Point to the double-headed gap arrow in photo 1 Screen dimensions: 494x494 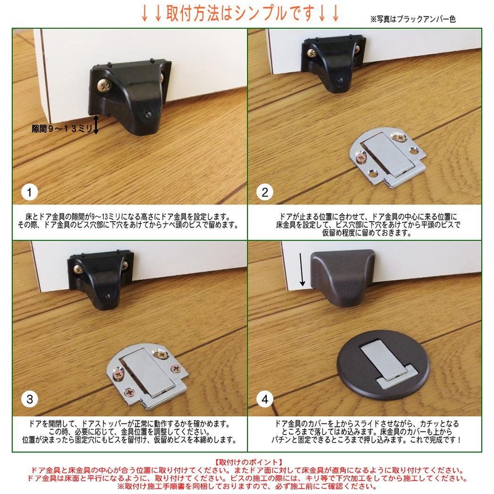coord(96,124)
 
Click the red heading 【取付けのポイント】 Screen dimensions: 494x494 coord(247,461)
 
